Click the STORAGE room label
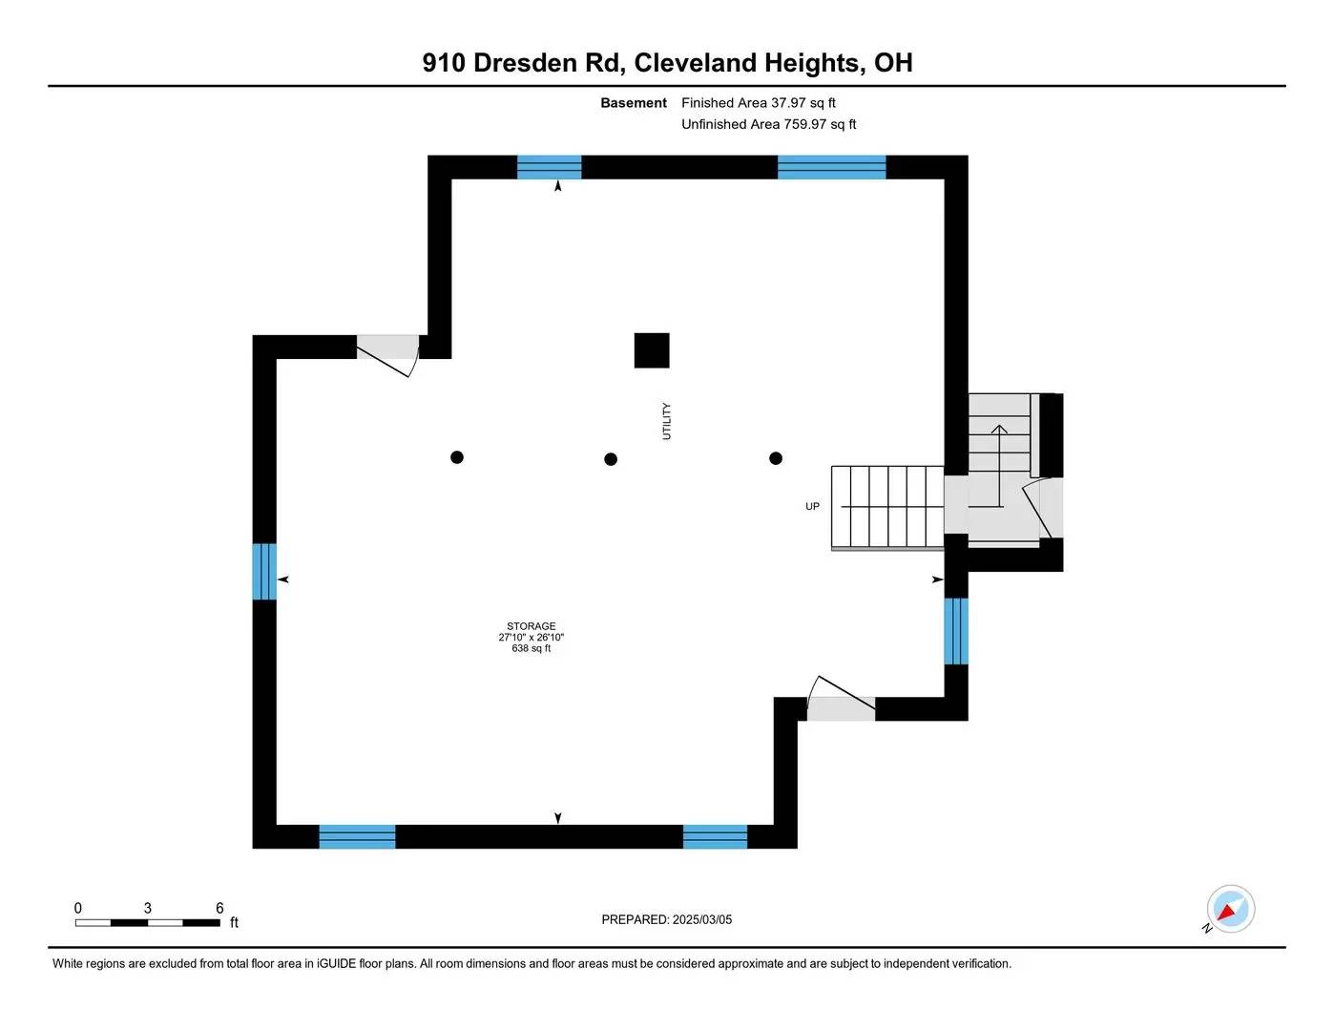click(531, 625)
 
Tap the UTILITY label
click(667, 421)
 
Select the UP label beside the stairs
click(812, 506)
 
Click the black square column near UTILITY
click(652, 350)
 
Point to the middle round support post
click(610, 459)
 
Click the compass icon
click(1230, 909)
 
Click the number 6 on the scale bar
click(219, 908)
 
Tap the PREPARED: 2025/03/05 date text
click(667, 919)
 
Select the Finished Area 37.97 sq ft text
click(759, 102)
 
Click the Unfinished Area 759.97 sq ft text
click(768, 124)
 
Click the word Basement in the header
click(634, 102)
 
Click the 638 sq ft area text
click(531, 648)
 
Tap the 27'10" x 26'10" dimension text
click(531, 637)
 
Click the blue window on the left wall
click(264, 571)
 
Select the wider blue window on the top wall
click(832, 167)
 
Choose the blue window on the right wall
click(956, 631)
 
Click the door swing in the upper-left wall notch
click(388, 355)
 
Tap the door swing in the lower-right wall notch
click(841, 698)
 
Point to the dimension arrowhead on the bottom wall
click(557, 818)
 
